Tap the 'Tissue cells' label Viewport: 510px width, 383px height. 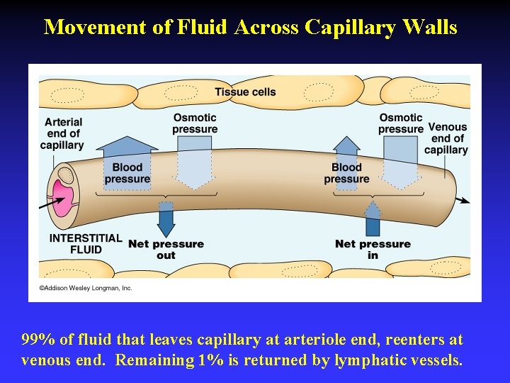pyautogui.click(x=245, y=91)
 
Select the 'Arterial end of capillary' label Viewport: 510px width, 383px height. pyautogui.click(x=62, y=133)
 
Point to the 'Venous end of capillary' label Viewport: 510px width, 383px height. pyautogui.click(x=447, y=138)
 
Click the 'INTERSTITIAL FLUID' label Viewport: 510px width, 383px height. pyautogui.click(x=86, y=243)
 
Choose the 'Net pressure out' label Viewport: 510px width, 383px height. pyautogui.click(x=166, y=249)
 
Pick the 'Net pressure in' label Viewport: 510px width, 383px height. pyautogui.click(x=373, y=249)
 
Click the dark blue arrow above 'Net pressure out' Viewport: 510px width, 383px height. pyautogui.click(x=166, y=219)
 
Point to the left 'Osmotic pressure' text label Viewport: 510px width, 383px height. pyautogui.click(x=195, y=123)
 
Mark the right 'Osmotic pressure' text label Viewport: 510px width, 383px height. pyautogui.click(x=400, y=123)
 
